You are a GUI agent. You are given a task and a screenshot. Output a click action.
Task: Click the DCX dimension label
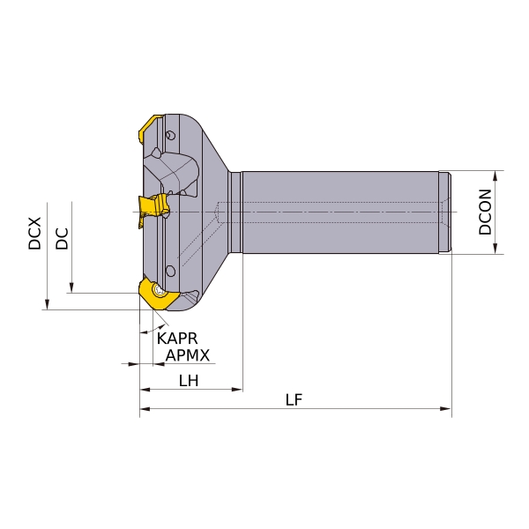coord(34,234)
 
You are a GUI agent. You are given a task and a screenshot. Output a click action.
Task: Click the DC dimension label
coord(62,239)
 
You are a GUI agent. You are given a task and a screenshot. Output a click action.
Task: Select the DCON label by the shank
coord(485,212)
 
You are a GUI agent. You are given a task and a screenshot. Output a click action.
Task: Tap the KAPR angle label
coord(177,339)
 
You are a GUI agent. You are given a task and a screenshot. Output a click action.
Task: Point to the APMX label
coord(188,355)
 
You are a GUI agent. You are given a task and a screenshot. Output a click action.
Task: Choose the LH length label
coord(189,381)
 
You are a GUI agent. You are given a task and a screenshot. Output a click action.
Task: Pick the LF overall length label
coord(294,400)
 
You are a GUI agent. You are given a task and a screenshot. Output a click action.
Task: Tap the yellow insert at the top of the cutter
coord(150,129)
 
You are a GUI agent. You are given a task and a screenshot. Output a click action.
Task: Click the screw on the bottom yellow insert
coord(159,291)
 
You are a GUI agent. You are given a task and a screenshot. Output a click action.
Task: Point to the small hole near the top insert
coord(171,135)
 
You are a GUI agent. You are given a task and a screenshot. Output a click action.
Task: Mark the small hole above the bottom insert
coord(171,272)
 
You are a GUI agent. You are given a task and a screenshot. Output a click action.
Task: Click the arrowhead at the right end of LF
coord(446,409)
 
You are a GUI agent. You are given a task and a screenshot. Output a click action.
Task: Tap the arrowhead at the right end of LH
coord(237,390)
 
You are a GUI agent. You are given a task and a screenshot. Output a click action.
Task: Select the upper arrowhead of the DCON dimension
coord(495,176)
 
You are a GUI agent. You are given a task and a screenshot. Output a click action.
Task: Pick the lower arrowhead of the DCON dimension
coord(495,249)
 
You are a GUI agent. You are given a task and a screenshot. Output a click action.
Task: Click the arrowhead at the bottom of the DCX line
coord(48,304)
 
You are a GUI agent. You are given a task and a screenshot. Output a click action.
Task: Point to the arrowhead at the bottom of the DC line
coord(71,287)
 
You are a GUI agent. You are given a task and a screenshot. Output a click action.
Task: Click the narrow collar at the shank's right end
coord(444,212)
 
